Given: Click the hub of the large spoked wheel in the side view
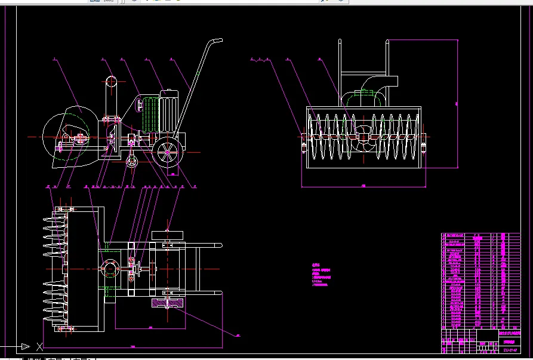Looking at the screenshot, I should coord(167,152).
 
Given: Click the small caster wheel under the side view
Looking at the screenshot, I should coord(133,161).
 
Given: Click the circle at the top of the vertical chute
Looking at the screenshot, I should coord(111,82).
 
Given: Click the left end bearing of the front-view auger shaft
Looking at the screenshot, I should coord(304,144).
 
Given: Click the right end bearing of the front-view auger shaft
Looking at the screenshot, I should coord(425,144).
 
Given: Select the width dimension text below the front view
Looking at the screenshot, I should coord(363,186).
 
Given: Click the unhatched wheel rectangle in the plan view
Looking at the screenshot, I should coord(168,235).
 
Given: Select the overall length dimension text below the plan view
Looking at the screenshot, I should coord(133,346).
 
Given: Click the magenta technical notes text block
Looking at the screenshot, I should coord(321,275).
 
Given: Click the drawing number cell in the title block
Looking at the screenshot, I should coord(510,342).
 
